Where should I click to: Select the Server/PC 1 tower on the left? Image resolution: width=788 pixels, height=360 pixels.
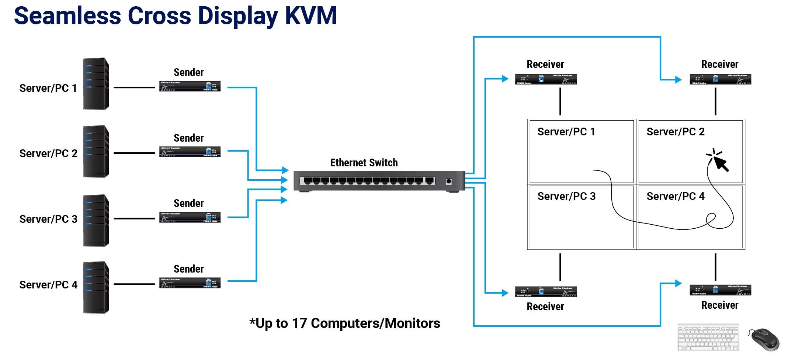[x=96, y=84]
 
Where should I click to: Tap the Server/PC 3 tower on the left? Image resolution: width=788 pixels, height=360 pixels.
[x=96, y=221]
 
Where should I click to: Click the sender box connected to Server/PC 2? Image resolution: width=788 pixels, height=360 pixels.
[x=190, y=152]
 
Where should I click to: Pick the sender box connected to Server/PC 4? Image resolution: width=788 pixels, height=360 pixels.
[x=190, y=283]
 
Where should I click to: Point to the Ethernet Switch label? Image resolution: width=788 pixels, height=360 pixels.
[x=364, y=163]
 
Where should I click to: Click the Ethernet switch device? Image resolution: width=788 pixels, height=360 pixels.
[x=379, y=181]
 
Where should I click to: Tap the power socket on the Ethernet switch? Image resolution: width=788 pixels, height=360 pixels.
[x=449, y=181]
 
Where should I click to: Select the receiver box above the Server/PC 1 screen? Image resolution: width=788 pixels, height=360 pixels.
[x=546, y=79]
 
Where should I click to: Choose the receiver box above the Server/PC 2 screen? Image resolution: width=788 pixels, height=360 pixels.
[x=720, y=79]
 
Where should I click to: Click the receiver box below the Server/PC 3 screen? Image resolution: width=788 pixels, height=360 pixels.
[x=546, y=292]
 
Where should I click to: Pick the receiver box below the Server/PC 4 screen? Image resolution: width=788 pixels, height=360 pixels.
[x=720, y=290]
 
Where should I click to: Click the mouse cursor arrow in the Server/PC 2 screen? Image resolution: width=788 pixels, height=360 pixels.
[x=721, y=163]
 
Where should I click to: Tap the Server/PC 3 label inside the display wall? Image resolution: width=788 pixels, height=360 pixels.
[x=566, y=196]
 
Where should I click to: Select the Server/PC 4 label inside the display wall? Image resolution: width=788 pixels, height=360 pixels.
[x=676, y=196]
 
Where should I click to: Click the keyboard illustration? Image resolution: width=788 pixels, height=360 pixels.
[x=708, y=337]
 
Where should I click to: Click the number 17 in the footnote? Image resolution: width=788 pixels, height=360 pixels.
[x=299, y=323]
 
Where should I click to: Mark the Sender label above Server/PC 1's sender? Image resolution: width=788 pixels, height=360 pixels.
[x=188, y=72]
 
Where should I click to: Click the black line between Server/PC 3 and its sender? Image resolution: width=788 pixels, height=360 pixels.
[x=134, y=219]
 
